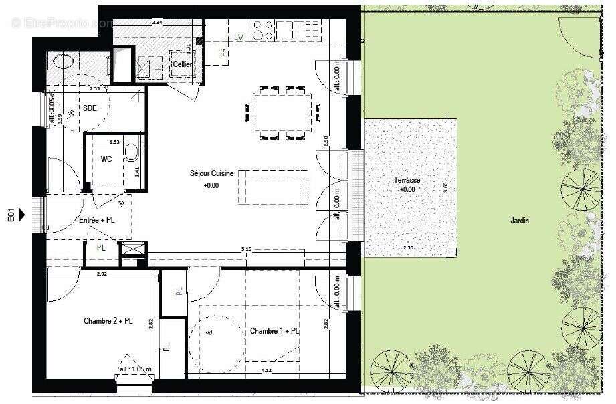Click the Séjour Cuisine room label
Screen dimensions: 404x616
[x=211, y=173]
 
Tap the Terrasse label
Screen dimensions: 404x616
[x=407, y=181]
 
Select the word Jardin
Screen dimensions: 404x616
[x=520, y=220]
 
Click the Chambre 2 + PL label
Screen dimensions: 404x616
[x=108, y=321]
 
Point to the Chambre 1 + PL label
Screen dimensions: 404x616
[x=274, y=331]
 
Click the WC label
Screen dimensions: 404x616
[x=106, y=159]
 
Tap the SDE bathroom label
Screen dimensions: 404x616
[x=90, y=108]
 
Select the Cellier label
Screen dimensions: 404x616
[x=182, y=64]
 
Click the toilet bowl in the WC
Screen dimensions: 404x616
[x=132, y=153]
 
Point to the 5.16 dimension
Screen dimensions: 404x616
[x=247, y=250]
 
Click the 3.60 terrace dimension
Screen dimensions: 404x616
[x=446, y=189]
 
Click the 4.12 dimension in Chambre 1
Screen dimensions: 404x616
[x=266, y=370]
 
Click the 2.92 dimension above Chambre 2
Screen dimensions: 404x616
[x=102, y=274]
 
